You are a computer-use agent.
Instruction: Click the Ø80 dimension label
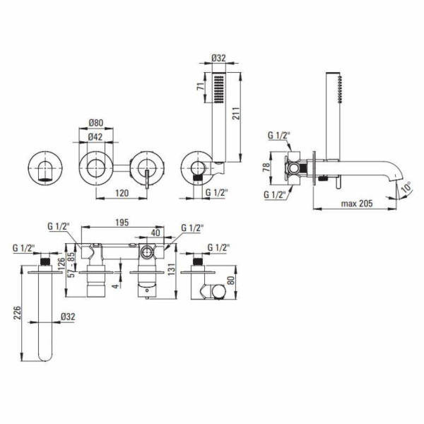pos(96,123)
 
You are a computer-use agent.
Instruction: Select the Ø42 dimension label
pos(95,137)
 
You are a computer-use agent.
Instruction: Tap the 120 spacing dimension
pos(122,193)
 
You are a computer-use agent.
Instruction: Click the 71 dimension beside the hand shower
pos(201,87)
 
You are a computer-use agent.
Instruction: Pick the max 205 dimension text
pos(357,203)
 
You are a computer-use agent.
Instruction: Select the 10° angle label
pos(406,187)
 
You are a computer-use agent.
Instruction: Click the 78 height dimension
pos(266,167)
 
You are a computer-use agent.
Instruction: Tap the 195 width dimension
pos(122,223)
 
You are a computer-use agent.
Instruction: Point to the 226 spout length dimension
pos(17,312)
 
